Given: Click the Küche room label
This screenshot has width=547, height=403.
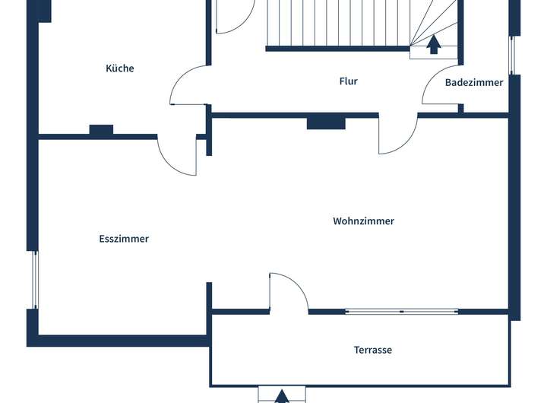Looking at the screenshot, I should [x=120, y=68].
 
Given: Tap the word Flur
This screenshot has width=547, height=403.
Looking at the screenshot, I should [x=348, y=81].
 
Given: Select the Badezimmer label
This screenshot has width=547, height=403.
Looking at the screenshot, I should [x=474, y=83].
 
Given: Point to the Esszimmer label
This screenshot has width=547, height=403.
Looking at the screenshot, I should [x=124, y=239].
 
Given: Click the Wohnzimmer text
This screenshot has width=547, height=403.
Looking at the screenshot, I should [x=363, y=221].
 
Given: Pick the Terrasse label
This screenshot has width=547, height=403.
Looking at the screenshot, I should [x=373, y=351].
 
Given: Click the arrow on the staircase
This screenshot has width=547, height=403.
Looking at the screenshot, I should [x=434, y=45].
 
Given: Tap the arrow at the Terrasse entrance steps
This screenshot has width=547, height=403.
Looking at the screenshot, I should [x=282, y=396].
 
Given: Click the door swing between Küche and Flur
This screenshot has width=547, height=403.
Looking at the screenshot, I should [x=187, y=86].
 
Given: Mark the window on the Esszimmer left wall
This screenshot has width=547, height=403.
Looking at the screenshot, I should [x=33, y=279].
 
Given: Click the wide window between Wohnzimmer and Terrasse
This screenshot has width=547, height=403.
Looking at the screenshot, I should [x=402, y=311].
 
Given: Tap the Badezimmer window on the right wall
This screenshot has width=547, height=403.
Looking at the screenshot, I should [x=512, y=56].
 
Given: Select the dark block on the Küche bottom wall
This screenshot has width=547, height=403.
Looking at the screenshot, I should [x=101, y=131].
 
